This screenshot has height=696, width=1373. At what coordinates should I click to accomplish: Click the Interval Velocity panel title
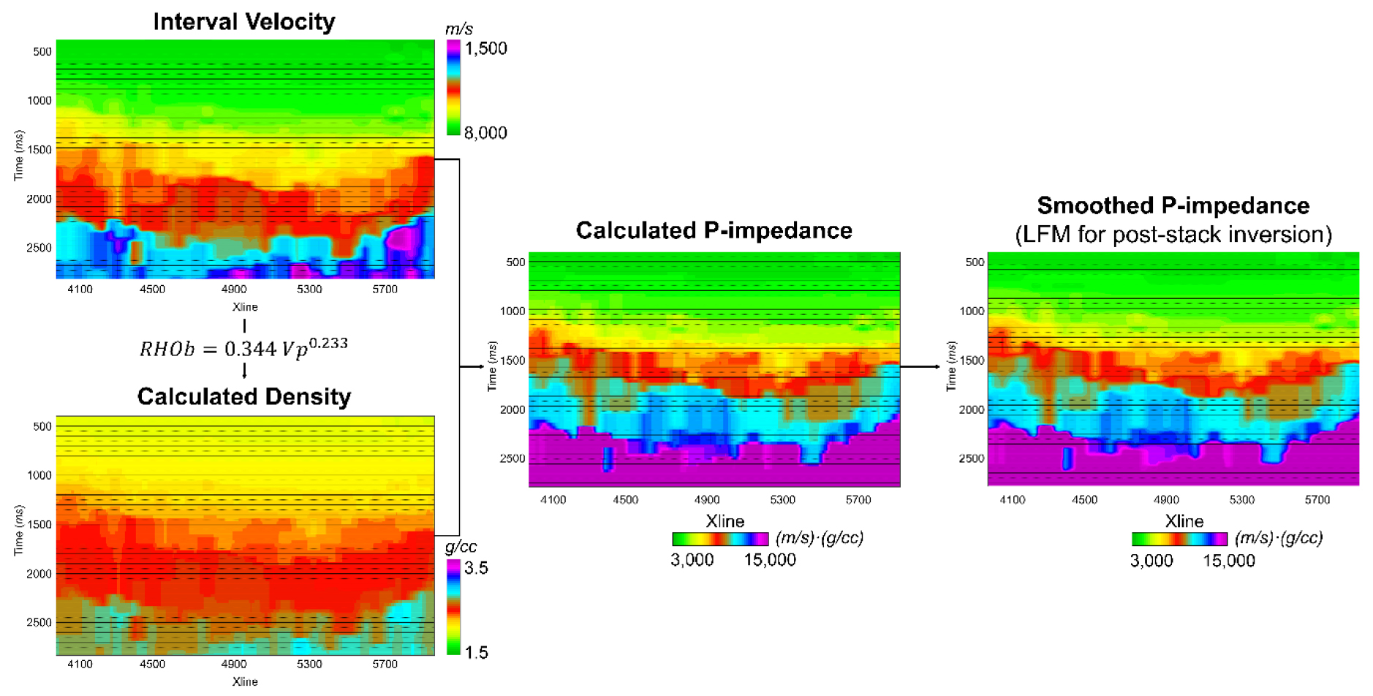[243, 22]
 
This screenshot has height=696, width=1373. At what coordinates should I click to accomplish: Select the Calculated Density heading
[243, 396]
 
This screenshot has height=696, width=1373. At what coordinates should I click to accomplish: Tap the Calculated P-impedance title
[714, 230]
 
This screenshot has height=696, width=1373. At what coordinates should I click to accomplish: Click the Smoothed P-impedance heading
[1173, 205]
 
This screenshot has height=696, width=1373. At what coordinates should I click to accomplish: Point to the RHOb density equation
[243, 348]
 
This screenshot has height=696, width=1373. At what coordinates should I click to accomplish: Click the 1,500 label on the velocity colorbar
[485, 49]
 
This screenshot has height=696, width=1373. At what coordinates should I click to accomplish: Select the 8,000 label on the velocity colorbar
[485, 133]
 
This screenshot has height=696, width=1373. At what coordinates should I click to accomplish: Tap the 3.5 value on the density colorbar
[476, 569]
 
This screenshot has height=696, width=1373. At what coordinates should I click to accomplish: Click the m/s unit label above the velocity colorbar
[459, 29]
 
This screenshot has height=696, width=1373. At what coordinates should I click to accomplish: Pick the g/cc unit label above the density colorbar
[461, 547]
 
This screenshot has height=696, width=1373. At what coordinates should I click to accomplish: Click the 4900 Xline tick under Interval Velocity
[234, 290]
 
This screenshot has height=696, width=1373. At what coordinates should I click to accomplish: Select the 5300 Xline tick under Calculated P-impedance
[782, 500]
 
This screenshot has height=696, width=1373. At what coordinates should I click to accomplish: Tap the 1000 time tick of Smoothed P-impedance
[972, 311]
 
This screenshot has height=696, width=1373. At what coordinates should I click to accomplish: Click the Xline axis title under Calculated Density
[244, 681]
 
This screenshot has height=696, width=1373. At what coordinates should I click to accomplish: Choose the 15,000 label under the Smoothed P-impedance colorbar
[1228, 561]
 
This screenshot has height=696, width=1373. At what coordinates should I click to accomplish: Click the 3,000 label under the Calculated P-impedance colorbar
[692, 560]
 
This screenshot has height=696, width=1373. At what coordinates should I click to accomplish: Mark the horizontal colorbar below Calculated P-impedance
[720, 539]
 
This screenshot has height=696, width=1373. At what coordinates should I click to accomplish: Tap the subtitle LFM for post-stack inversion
[1173, 235]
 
